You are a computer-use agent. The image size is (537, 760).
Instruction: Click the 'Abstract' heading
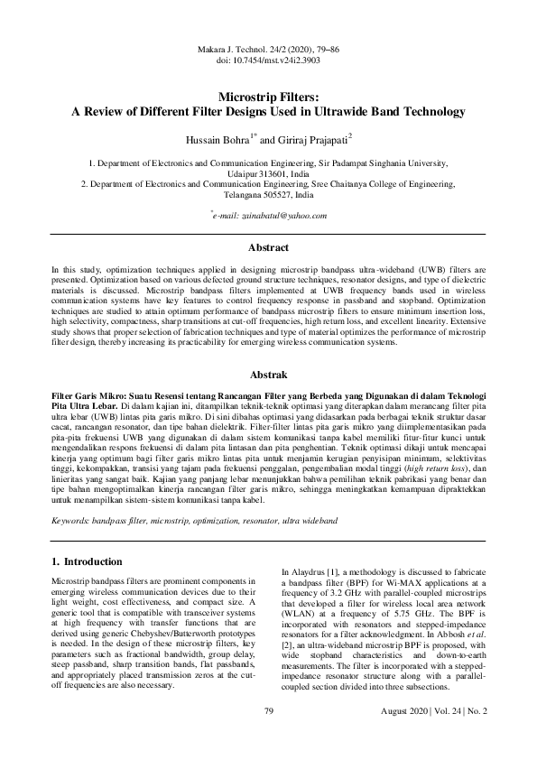tap(268, 247)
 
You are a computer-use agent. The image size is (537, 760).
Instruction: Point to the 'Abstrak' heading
tap(268, 373)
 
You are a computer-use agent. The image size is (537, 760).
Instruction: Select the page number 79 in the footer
tap(268, 737)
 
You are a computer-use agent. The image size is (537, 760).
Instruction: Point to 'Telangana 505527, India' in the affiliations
tap(268, 194)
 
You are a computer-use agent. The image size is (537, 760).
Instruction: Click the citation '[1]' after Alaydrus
tap(338, 572)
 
